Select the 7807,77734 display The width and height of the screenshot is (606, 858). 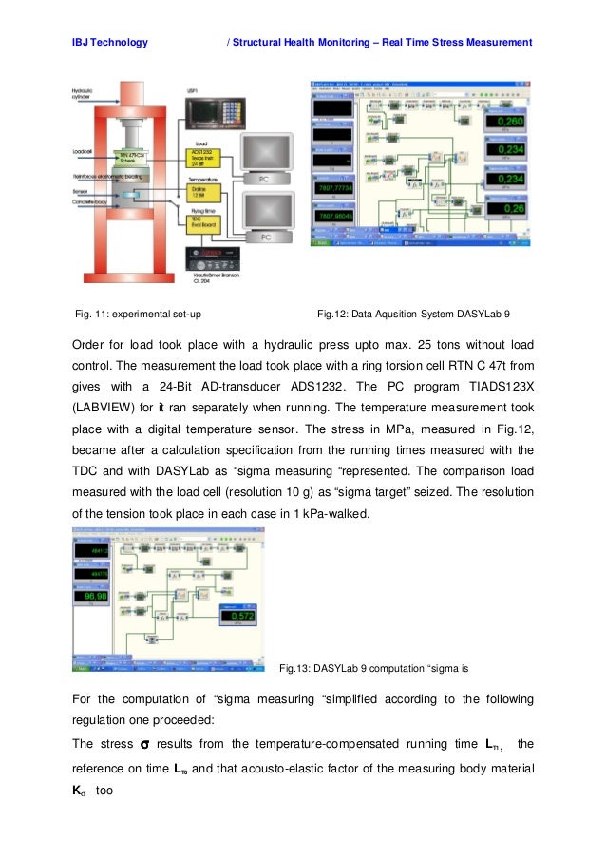(334, 190)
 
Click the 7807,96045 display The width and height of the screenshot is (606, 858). (334, 217)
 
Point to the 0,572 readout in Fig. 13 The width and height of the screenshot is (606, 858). (242, 616)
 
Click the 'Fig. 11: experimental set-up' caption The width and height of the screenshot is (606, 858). (137, 312)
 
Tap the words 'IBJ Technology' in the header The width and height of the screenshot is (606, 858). (109, 42)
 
